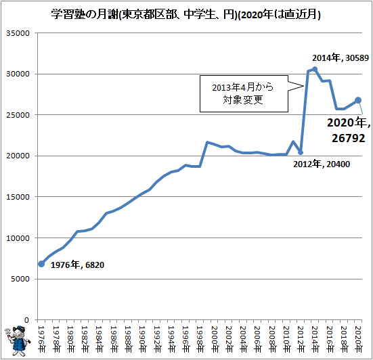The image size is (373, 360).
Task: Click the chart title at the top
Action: click(185, 15)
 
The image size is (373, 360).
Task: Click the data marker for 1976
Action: click(41, 264)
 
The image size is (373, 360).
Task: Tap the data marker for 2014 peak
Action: click(315, 69)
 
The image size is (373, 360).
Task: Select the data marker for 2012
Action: click(301, 152)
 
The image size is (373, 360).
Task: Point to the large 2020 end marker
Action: click(358, 100)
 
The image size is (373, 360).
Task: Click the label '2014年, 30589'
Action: click(341, 58)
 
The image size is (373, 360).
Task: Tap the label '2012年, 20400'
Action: click(322, 164)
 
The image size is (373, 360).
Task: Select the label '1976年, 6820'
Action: click(77, 265)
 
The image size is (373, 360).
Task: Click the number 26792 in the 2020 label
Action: click(348, 138)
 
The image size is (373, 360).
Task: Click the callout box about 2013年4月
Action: click(244, 93)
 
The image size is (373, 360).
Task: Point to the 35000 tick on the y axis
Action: click(18, 33)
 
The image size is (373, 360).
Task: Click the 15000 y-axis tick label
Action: click(18, 197)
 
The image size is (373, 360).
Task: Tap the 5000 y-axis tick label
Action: click(20, 279)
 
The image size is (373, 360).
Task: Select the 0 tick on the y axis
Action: click(27, 320)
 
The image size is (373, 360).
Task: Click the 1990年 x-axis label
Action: click(142, 339)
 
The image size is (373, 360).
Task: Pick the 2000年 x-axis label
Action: click(214, 339)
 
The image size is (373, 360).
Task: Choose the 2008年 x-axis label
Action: click(272, 339)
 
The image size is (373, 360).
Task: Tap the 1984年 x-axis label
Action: click(99, 339)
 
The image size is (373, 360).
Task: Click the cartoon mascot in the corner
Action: click(18, 340)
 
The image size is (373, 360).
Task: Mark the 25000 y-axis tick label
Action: click(18, 115)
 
